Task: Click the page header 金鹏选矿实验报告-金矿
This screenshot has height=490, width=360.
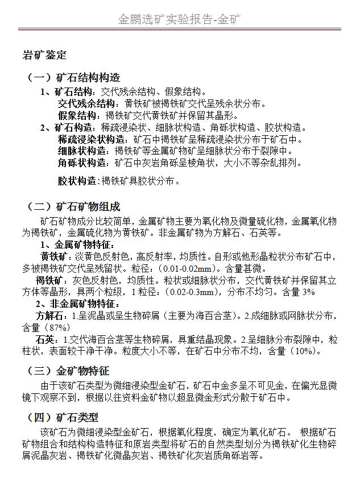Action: tap(179, 19)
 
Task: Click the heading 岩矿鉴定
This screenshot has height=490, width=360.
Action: tap(44, 56)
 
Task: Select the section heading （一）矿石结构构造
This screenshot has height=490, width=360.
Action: tap(74, 78)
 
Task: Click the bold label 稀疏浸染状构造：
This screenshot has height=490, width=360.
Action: tap(94, 139)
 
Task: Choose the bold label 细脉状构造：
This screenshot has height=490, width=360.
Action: tap(86, 151)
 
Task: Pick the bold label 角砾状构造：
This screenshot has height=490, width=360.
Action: tap(86, 163)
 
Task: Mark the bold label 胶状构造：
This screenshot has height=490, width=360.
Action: tap(79, 182)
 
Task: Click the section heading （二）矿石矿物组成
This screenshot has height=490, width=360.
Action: tap(74, 206)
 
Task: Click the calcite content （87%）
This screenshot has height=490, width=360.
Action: tap(55, 328)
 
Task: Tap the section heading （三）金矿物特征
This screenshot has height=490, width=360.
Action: tap(68, 371)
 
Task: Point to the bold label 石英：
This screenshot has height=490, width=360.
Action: tap(47, 340)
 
